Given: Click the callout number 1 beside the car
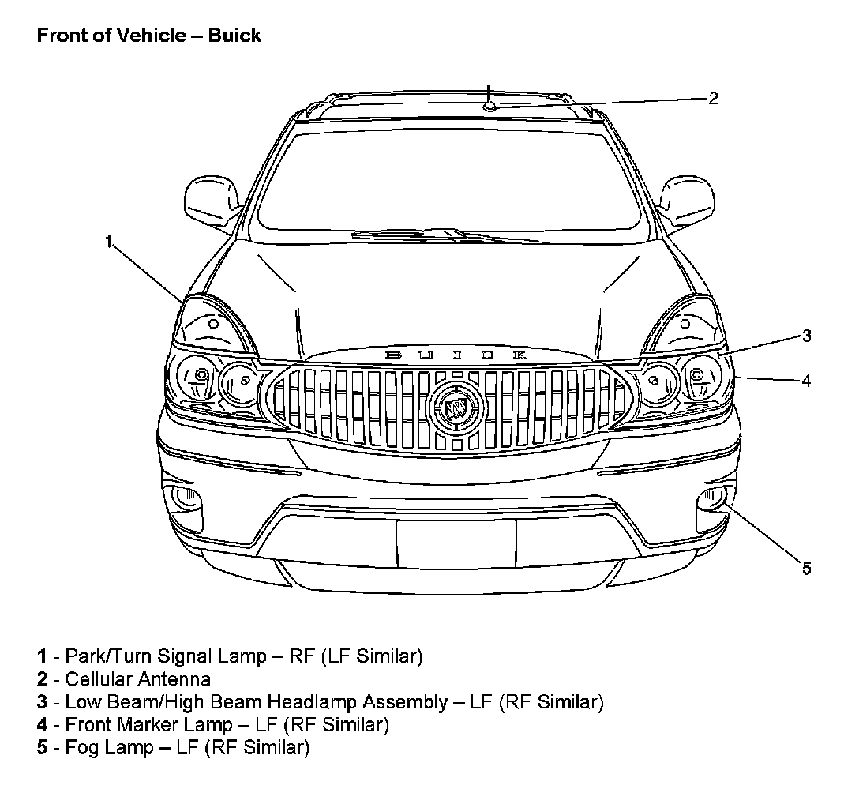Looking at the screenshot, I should [110, 242].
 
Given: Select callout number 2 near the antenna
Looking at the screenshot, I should [713, 98].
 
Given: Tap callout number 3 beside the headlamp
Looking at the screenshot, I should [806, 336].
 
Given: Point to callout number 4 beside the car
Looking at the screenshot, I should [806, 380].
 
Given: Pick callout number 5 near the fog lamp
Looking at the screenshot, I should [806, 568].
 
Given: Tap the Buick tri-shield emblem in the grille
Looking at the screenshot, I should [455, 408].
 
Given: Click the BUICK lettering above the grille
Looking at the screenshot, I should [456, 355].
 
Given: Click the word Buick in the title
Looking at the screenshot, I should [234, 36].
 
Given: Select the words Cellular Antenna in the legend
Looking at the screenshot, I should [138, 678].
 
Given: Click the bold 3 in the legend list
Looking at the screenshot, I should [42, 701].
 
